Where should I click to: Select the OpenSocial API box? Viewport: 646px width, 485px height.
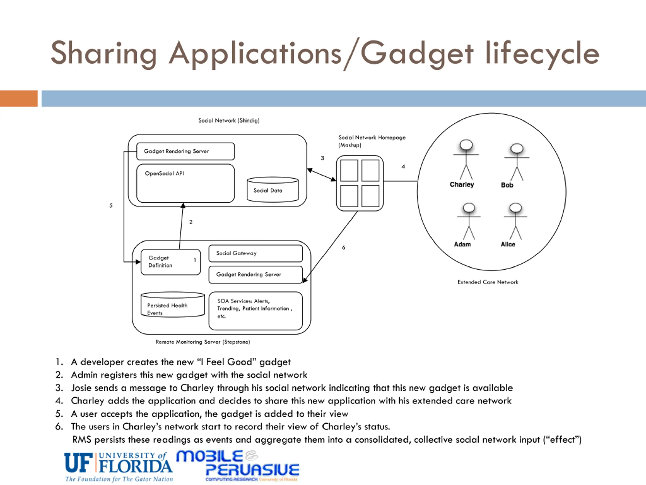click(x=185, y=183)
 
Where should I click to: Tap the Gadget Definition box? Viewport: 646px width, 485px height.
click(x=170, y=262)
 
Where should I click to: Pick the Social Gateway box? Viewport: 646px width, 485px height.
click(x=256, y=253)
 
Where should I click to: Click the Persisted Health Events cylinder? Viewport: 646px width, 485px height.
click(x=173, y=305)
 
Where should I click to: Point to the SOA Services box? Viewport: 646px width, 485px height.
click(x=256, y=310)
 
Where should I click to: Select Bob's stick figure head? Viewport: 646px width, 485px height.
click(x=517, y=148)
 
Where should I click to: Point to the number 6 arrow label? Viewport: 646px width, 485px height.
click(x=344, y=248)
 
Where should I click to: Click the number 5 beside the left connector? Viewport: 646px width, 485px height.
click(x=111, y=206)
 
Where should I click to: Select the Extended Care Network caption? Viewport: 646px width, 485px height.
click(x=488, y=282)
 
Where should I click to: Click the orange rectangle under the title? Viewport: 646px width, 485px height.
click(x=19, y=99)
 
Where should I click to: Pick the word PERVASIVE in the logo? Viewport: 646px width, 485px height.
click(x=252, y=470)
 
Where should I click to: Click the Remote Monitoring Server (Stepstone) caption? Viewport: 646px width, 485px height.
click(x=203, y=342)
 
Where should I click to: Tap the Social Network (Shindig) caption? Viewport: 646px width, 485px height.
click(x=229, y=120)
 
